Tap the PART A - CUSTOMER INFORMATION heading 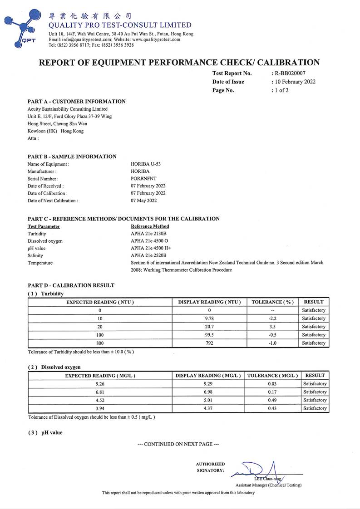pyautogui.click(x=76, y=102)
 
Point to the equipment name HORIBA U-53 pyautogui.click(x=145, y=164)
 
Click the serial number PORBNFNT pyautogui.click(x=143, y=179)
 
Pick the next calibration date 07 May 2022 pyautogui.click(x=143, y=201)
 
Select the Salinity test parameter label pyautogui.click(x=35, y=256)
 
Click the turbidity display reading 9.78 pyautogui.click(x=209, y=318)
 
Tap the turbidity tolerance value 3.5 pyautogui.click(x=272, y=327)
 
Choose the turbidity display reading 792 pyautogui.click(x=209, y=343)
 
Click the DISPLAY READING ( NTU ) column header pyautogui.click(x=209, y=302)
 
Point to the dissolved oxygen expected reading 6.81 pyautogui.click(x=100, y=392)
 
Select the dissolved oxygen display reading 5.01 pyautogui.click(x=209, y=400)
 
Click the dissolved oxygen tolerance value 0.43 pyautogui.click(x=272, y=408)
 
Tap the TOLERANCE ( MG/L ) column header pyautogui.click(x=272, y=376)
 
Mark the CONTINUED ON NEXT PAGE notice pyautogui.click(x=178, y=444)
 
